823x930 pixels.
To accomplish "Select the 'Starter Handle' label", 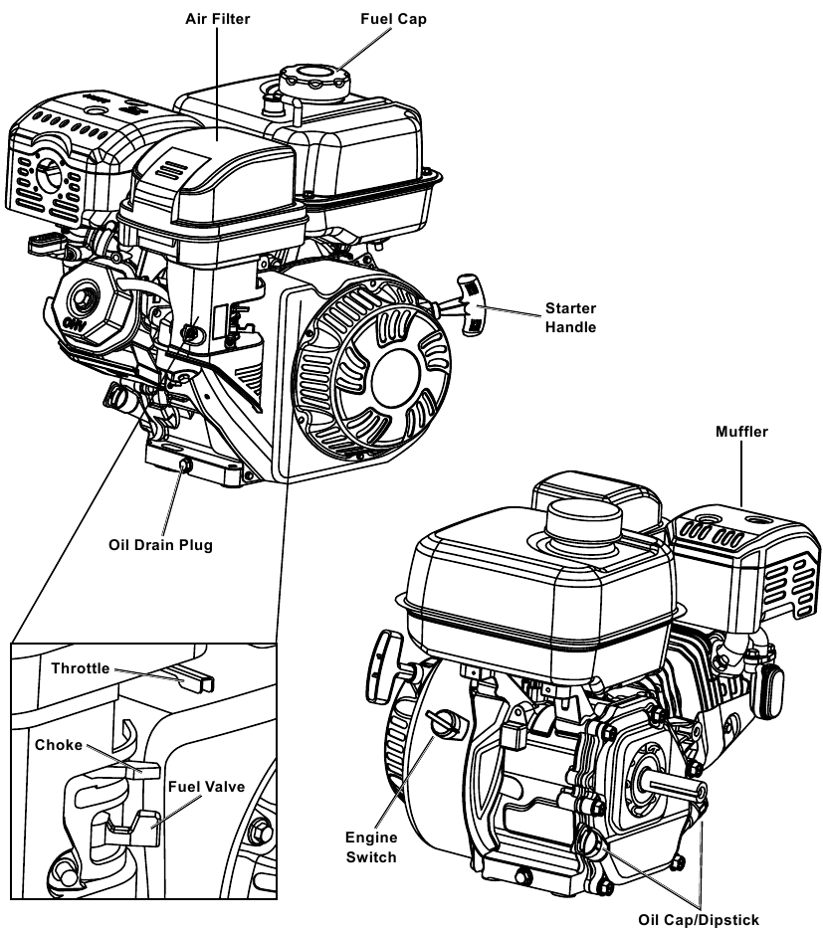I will coord(570,317).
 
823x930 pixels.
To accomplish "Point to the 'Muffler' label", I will coord(743,432).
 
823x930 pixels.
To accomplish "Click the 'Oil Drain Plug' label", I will coord(160,544).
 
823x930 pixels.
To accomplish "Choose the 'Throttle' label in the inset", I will coord(81,668).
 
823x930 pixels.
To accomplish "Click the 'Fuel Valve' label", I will coord(206,786).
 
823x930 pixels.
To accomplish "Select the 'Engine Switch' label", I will coord(371,847).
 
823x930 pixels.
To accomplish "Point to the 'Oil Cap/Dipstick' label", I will coord(705,919).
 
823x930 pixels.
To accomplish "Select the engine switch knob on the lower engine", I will coord(439,722).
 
